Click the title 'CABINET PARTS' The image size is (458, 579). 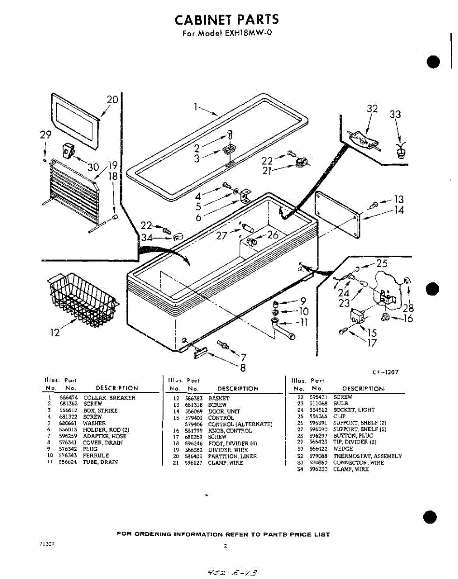226,20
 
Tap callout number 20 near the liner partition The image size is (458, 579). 112,100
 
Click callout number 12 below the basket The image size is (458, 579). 56,332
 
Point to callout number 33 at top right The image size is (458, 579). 395,114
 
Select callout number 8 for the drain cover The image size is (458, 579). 243,367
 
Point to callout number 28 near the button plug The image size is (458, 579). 408,308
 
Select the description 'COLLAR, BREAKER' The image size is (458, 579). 109,398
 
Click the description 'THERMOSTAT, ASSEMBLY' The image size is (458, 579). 367,456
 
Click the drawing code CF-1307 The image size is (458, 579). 385,372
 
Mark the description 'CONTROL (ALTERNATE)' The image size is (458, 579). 240,424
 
